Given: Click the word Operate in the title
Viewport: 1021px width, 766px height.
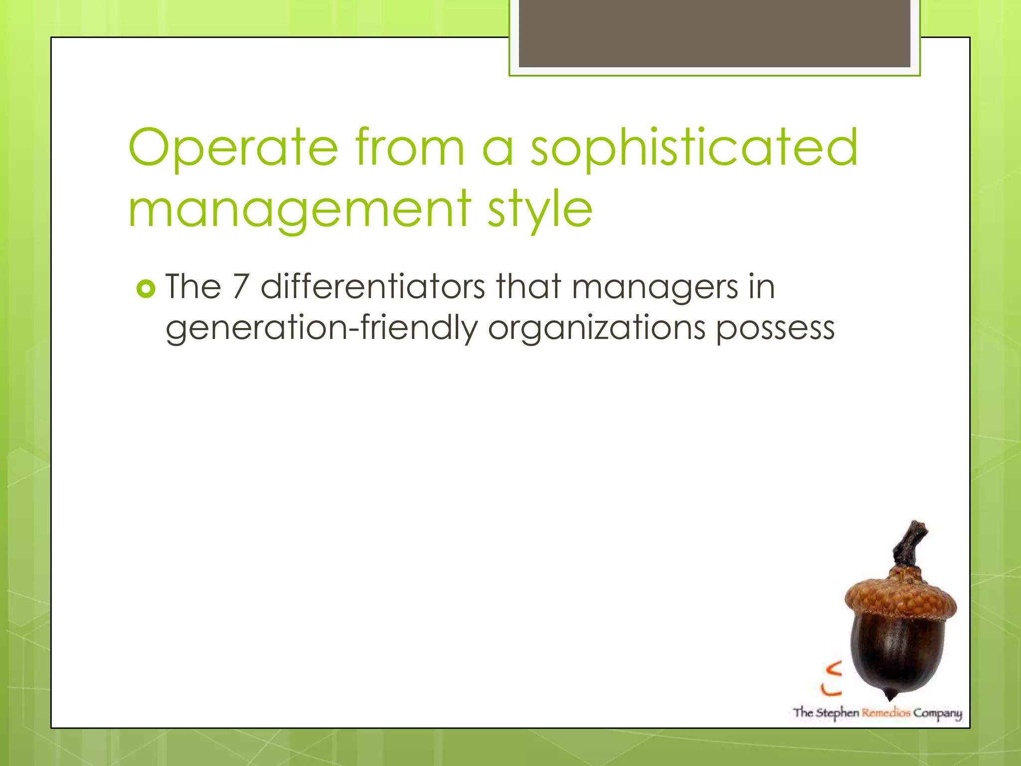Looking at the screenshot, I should tap(233, 148).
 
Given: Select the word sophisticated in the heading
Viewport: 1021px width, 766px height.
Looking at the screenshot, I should tap(693, 148).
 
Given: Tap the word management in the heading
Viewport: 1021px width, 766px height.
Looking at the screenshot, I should tap(299, 209).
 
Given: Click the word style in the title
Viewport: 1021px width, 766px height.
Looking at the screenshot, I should tap(540, 209).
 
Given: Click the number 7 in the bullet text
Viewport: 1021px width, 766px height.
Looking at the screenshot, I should tap(241, 287).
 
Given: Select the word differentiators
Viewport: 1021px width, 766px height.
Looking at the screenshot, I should tap(372, 287).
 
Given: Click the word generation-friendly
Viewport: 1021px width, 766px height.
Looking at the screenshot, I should tap(321, 329).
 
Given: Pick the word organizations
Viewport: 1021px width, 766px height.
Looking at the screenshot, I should tap(596, 329).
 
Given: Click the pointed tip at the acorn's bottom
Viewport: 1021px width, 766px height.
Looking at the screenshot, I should tap(890, 696).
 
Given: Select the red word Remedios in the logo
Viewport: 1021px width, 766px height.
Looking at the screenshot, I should tap(886, 713).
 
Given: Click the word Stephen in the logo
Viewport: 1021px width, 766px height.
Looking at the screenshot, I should tap(837, 713).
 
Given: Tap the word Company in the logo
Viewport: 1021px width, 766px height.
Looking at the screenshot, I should tap(937, 714).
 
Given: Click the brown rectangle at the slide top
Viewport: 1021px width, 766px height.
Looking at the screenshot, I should tap(714, 33).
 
